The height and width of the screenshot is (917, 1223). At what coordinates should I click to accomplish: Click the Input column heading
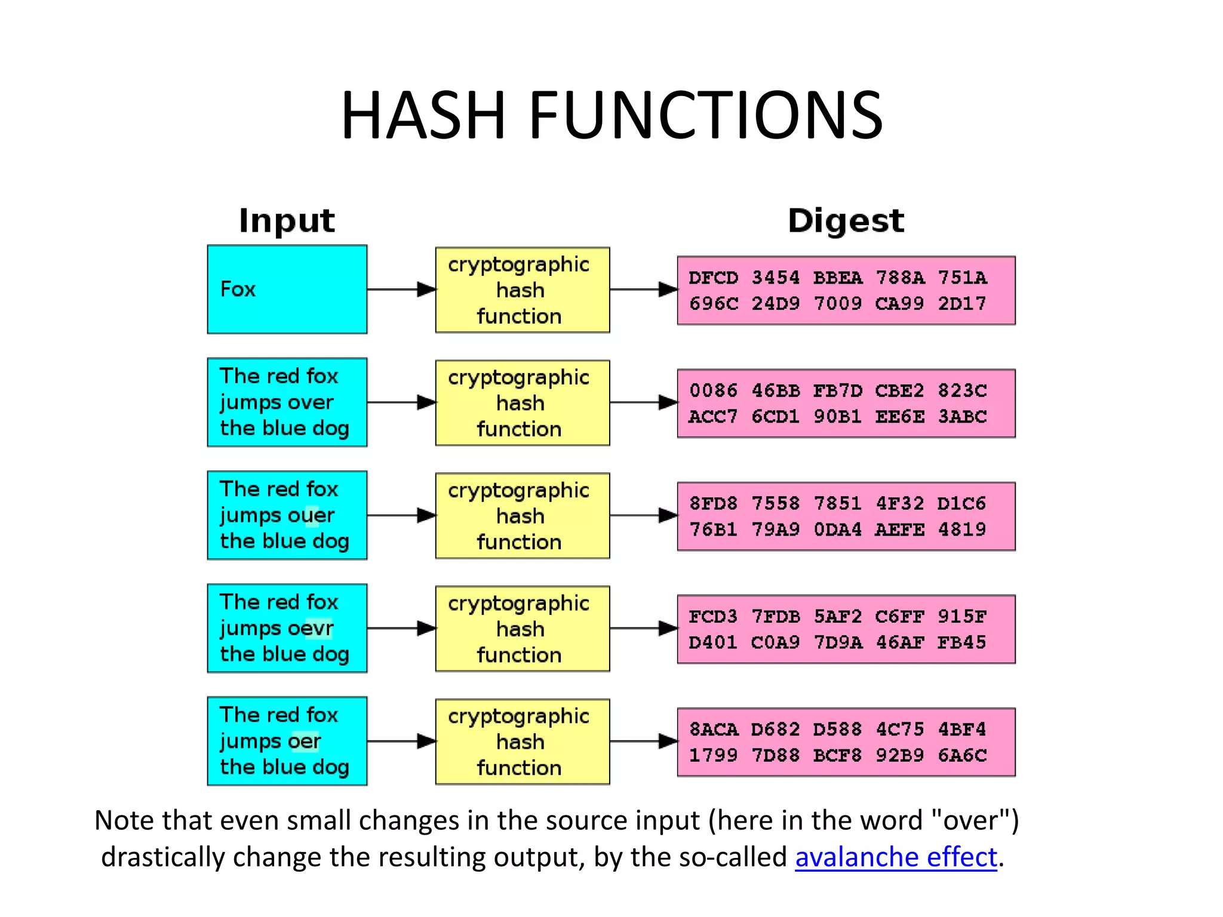coord(287,220)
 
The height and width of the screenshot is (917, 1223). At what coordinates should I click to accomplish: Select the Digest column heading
coord(846,220)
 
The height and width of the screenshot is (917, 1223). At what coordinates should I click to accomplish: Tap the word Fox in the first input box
coord(238,289)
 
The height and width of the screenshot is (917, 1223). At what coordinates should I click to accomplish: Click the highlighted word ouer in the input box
coord(311,515)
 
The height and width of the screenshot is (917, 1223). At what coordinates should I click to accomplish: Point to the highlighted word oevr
coord(311,628)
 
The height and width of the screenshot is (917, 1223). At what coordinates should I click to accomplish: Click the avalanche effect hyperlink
coord(896,857)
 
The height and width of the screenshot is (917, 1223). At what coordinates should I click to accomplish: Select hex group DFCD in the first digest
coord(713,278)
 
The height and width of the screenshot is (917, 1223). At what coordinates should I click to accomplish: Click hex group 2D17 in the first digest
coord(962,304)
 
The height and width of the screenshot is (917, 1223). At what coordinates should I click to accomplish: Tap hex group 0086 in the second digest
coord(713,390)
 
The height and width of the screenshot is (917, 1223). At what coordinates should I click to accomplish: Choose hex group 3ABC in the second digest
coord(962,417)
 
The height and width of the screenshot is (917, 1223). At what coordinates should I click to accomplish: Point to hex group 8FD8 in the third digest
coord(713,503)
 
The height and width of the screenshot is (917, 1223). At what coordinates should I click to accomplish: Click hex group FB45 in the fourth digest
coord(962,642)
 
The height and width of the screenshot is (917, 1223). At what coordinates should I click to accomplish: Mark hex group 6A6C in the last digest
coord(962,755)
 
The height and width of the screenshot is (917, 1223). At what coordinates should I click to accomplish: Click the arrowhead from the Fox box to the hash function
coord(426,290)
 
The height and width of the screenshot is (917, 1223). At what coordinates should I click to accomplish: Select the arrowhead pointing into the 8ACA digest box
coord(668,741)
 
